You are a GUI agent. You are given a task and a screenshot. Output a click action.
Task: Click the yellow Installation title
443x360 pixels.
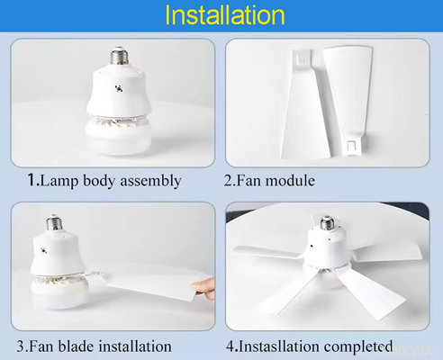(x=225, y=15)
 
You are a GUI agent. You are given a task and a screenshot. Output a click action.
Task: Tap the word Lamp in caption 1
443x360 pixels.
(x=59, y=181)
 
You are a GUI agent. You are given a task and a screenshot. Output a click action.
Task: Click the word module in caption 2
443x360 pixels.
(x=290, y=181)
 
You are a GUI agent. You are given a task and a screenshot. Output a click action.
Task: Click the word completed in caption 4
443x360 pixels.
(x=358, y=346)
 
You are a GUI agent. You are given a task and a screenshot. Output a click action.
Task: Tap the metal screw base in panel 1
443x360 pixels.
(x=119, y=56)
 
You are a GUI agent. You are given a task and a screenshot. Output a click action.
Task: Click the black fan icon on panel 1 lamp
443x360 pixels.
(x=119, y=88)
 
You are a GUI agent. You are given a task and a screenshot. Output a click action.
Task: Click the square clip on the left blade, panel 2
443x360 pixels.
(x=302, y=58)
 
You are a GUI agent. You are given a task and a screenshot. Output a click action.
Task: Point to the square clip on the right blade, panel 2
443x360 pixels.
(x=350, y=146)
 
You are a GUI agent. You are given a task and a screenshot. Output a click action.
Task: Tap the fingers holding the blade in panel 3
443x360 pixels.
(x=204, y=288)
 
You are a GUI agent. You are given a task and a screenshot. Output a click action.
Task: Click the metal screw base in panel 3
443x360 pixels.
(x=54, y=223)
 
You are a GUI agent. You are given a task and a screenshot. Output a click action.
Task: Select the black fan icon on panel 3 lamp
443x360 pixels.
(x=44, y=250)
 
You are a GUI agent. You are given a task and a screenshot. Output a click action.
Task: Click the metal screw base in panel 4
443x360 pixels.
(x=328, y=223)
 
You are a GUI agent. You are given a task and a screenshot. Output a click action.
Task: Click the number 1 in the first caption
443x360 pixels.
(x=32, y=180)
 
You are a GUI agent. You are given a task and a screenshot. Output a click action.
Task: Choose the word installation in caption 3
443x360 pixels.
(x=135, y=346)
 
